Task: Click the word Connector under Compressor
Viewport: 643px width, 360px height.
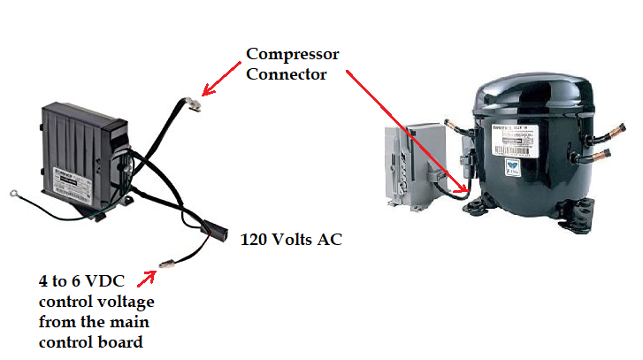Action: (286, 74)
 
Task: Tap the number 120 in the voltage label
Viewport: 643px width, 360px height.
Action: (255, 239)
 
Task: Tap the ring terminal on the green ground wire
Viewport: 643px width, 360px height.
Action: (12, 213)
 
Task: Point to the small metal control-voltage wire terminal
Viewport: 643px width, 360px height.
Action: (168, 262)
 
